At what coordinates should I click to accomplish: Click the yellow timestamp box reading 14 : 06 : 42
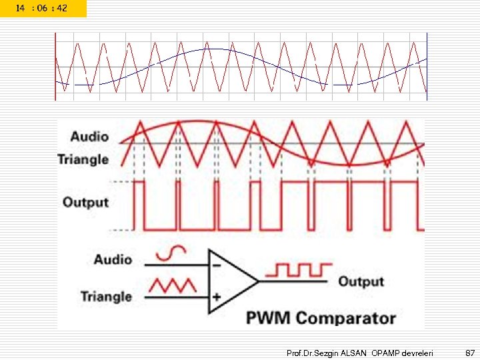(43, 8)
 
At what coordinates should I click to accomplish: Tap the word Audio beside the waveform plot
(89, 137)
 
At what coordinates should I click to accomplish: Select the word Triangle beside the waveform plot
(83, 159)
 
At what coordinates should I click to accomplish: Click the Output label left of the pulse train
(85, 201)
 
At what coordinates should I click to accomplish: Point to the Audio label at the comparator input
(113, 259)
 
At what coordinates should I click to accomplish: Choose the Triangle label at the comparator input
(107, 296)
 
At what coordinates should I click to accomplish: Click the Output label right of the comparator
(361, 281)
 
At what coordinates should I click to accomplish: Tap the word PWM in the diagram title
(269, 319)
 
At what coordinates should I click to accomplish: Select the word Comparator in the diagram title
(345, 319)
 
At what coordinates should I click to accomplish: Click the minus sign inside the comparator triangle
(217, 265)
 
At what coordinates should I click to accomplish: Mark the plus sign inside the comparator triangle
(217, 296)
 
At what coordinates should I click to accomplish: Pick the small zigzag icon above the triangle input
(173, 285)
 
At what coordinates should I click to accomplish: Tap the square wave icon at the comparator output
(299, 269)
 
